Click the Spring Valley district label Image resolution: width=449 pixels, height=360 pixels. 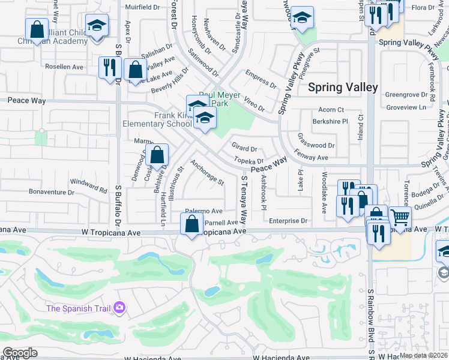click(343, 88)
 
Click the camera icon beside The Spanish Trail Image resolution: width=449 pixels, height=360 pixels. click(120, 308)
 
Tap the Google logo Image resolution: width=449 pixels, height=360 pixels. click(20, 353)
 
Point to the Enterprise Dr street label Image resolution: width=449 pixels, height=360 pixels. click(288, 221)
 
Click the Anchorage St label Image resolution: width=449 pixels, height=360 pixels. click(207, 172)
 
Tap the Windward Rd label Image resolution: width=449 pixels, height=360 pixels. click(88, 181)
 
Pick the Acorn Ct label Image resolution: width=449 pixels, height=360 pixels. click(331, 110)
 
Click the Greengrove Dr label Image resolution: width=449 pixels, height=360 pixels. click(405, 95)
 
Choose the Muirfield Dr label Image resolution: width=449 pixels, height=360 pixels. click(142, 8)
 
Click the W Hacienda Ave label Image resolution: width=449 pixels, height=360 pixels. click(280, 357)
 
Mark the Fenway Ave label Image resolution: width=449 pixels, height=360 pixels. click(312, 157)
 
